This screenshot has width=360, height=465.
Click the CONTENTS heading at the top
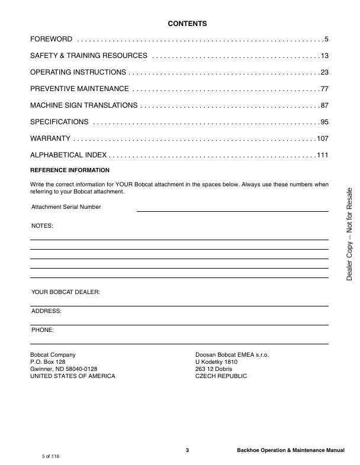187,24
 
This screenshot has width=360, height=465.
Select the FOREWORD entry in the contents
52,39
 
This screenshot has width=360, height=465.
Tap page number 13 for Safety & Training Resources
324,56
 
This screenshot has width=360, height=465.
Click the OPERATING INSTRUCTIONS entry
78,72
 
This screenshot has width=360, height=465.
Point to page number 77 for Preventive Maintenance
324,89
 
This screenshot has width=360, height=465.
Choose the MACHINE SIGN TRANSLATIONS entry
84,105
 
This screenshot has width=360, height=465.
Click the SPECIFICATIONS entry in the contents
59,122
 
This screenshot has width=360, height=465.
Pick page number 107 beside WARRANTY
322,138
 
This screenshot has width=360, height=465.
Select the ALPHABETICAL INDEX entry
68,155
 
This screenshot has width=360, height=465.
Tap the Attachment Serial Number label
66,207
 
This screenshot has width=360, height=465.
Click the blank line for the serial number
232,210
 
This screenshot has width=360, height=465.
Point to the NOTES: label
41,226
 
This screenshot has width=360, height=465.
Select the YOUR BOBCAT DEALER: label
65,292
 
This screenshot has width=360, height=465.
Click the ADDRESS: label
46,311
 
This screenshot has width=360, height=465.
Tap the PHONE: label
43,330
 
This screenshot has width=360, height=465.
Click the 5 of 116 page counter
50,457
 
